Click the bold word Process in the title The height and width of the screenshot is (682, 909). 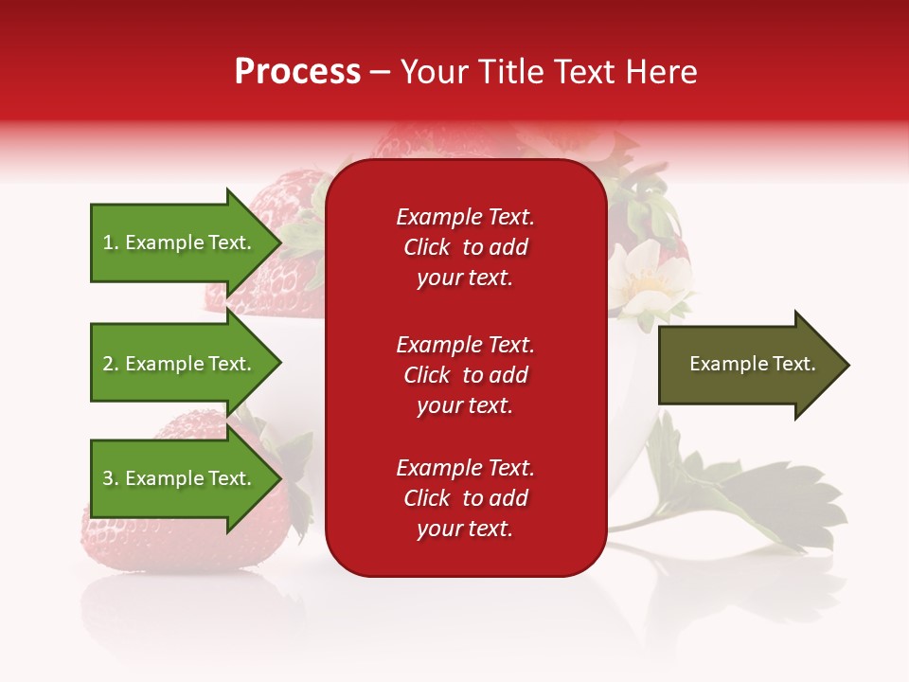pos(297,72)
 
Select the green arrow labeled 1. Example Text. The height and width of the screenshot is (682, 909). pos(176,242)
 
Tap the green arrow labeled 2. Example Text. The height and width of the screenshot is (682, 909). pos(176,364)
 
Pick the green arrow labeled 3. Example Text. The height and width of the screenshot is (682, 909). pos(176,478)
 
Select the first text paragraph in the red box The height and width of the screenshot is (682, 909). pos(465,247)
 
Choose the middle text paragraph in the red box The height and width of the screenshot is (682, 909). pos(465,375)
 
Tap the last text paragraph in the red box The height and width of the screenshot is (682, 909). pos(465,498)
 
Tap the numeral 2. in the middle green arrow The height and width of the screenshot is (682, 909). pos(111,364)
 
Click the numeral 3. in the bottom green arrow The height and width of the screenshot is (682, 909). pos(111,478)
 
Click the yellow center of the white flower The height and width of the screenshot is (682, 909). pos(648,281)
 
